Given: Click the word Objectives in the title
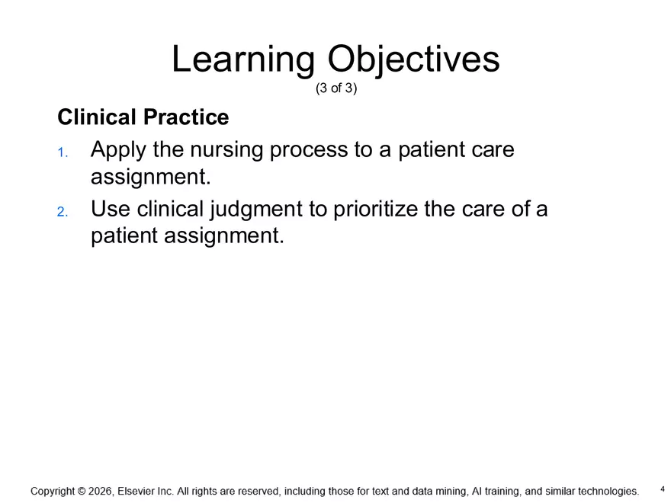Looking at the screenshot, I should click(413, 60).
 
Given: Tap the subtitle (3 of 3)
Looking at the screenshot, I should click(335, 88).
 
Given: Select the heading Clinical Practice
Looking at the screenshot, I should click(143, 118).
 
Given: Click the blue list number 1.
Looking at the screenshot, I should click(62, 152).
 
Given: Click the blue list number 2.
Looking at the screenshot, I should click(62, 211).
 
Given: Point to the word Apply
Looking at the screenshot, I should click(118, 150).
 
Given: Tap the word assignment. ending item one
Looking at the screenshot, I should click(149, 178).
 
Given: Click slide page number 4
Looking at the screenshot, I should click(662, 489).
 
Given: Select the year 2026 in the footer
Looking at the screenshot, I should click(100, 492).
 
